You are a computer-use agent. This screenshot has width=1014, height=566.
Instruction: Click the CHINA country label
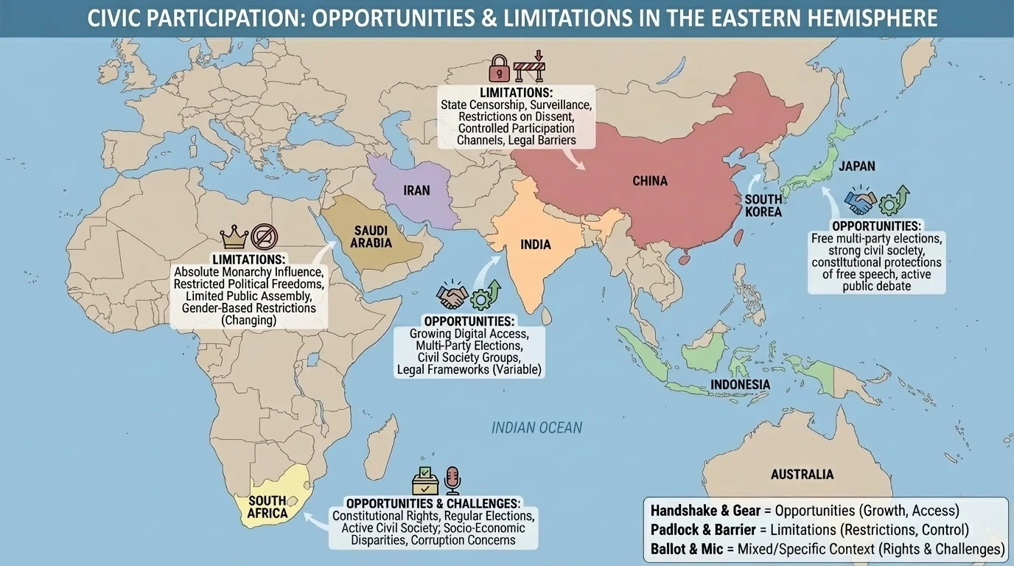649,181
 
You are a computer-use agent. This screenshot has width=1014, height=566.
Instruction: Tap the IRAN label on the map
416,191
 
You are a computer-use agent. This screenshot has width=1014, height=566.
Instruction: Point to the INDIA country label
536,245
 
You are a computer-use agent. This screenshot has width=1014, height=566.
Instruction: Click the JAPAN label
857,167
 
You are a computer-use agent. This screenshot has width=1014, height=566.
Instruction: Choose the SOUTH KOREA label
763,206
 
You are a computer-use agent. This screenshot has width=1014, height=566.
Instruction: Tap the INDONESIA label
740,385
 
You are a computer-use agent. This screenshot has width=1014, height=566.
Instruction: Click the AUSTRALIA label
802,475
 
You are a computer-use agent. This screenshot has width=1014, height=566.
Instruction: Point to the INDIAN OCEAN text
536,427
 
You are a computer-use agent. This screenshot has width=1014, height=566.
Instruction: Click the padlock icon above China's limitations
499,68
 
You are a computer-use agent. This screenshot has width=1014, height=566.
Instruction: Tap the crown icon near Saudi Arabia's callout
234,237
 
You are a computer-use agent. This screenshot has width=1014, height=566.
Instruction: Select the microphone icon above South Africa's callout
452,480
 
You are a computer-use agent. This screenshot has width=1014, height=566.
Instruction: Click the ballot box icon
425,480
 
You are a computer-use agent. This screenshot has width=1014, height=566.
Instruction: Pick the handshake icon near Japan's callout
860,200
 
